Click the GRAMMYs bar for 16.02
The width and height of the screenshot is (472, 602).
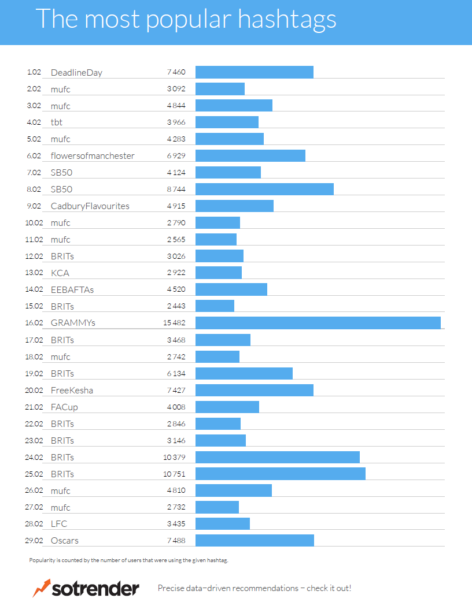318,323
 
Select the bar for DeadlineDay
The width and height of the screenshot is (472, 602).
255,72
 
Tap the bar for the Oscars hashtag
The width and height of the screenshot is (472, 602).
255,541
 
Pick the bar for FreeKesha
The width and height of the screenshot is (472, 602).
255,390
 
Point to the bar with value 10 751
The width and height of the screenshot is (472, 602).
281,474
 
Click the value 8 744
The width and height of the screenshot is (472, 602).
176,189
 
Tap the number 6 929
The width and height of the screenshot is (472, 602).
176,156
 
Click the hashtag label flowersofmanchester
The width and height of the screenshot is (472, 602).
93,156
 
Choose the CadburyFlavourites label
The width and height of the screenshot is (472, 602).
90,206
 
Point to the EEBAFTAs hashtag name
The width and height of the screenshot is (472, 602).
72,290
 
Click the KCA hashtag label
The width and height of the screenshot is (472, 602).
60,273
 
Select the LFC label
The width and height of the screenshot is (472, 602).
60,524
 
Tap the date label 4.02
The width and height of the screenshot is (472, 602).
34,122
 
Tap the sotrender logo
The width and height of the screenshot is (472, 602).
86,588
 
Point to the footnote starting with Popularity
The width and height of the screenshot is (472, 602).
132,560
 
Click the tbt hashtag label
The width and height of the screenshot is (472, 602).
57,122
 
